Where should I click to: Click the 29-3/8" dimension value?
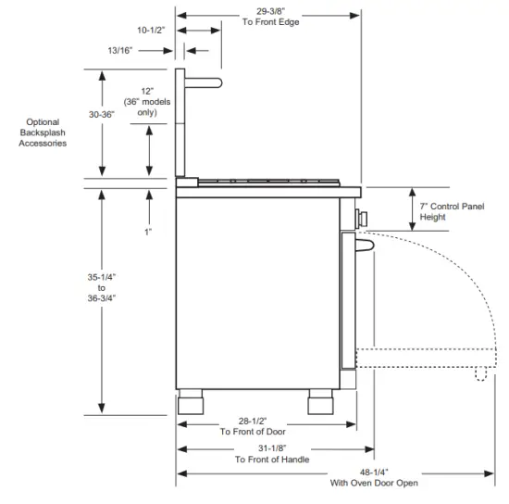click(270, 11)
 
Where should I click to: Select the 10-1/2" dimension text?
click(151, 31)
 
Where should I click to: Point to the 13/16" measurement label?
click(120, 50)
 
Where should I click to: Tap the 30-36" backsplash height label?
click(102, 114)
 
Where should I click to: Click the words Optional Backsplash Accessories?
click(43, 132)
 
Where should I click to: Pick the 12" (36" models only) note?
click(147, 102)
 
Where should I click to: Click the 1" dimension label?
click(148, 232)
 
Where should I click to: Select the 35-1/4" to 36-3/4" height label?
click(102, 287)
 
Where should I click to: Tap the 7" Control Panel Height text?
click(452, 211)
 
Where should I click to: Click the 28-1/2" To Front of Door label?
click(253, 426)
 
